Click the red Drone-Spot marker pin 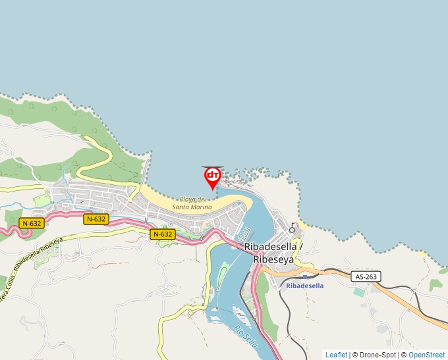coord(213,176)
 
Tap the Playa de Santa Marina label coord(192,203)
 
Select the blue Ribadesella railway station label coord(305,286)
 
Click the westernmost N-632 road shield coord(31,223)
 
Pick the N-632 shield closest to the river coord(163,234)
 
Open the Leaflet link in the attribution coord(336,355)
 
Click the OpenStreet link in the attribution coord(426,355)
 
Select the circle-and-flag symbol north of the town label coord(293,228)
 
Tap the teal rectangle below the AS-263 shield coord(359,292)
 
